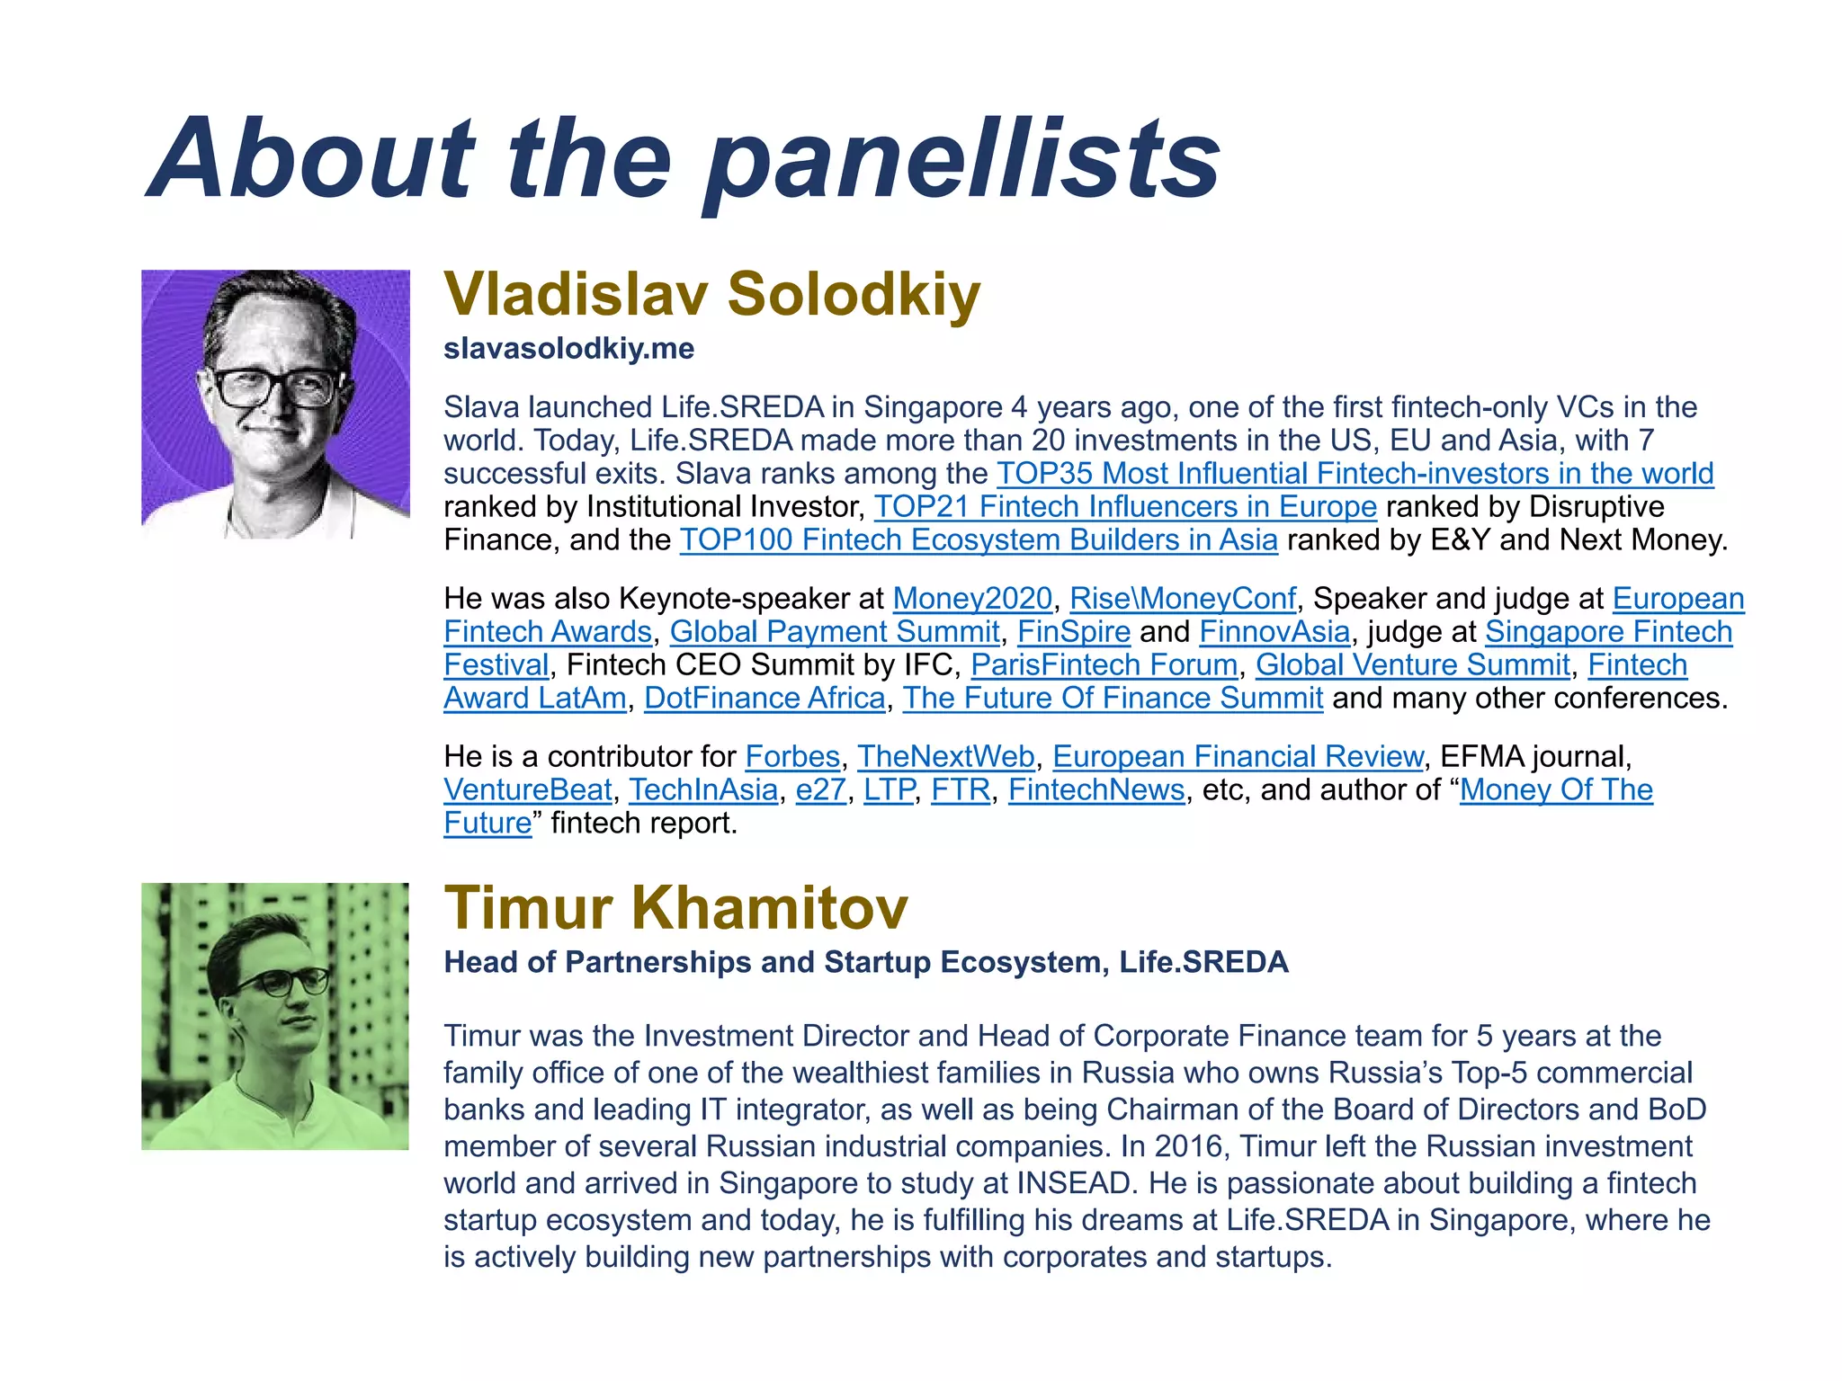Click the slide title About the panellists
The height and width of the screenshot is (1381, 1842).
(x=684, y=160)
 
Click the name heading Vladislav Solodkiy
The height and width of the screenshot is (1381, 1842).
(x=711, y=294)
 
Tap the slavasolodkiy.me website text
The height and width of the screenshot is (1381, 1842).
(x=568, y=349)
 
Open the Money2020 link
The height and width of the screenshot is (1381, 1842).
(x=971, y=599)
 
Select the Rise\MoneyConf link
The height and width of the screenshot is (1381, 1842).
(x=1183, y=599)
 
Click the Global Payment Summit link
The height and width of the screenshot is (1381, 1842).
(x=835, y=632)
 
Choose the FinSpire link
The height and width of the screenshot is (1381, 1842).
(x=1074, y=632)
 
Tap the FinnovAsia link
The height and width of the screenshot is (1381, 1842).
(x=1274, y=632)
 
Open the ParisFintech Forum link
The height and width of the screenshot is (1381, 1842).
(x=1104, y=665)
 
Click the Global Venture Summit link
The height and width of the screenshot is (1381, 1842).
(x=1413, y=665)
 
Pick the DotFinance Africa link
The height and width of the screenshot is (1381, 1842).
(x=765, y=699)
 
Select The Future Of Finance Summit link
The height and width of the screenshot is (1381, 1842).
(x=1113, y=699)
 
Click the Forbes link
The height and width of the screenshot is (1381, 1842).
(x=792, y=757)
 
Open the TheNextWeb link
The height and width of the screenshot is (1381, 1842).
(x=946, y=757)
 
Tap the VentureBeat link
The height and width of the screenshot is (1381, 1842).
(x=528, y=790)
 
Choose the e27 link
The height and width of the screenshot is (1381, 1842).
(x=821, y=790)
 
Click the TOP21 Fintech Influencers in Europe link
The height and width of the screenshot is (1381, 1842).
(x=1125, y=507)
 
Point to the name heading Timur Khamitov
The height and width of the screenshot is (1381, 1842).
(x=676, y=907)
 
